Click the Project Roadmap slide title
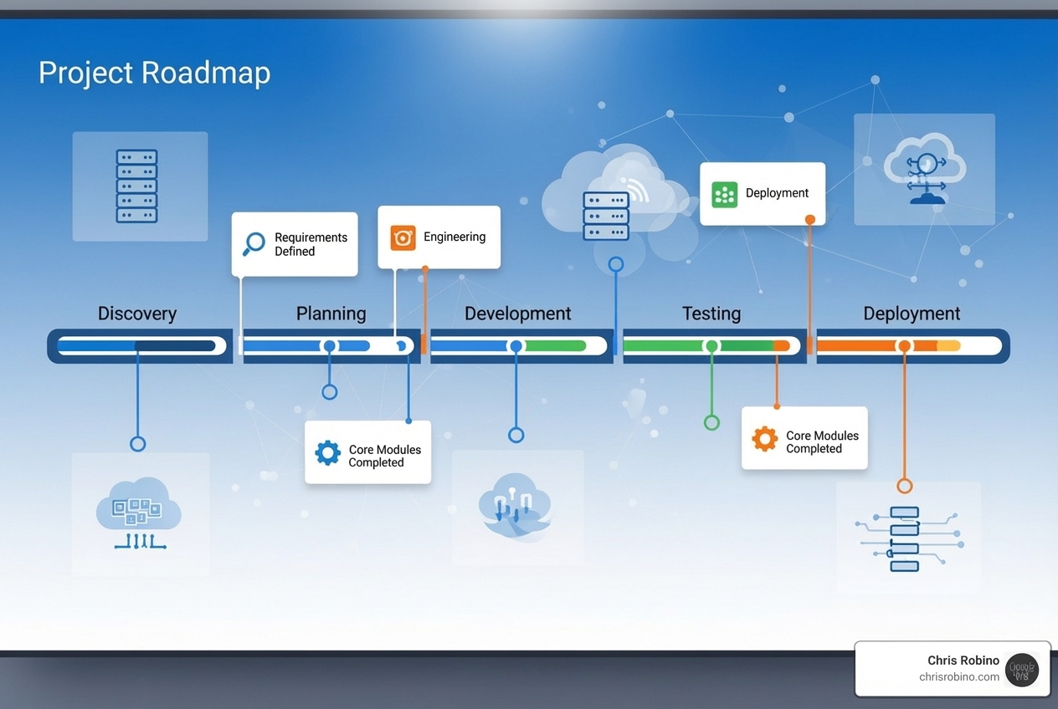click(x=154, y=74)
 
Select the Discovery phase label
click(x=137, y=314)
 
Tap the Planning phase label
click(x=331, y=314)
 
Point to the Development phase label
click(x=517, y=314)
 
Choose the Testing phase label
click(x=711, y=314)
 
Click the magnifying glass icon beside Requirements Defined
click(x=253, y=244)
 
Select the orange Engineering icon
click(x=403, y=237)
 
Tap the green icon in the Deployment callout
click(x=724, y=194)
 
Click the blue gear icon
click(x=327, y=453)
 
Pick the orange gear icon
click(x=764, y=439)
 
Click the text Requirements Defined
click(x=311, y=244)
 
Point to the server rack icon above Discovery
click(x=136, y=186)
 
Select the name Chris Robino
click(x=963, y=661)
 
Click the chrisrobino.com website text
click(x=959, y=677)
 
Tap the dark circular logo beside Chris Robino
click(x=1022, y=670)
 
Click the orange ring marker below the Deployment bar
click(x=904, y=486)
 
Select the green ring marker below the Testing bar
click(x=711, y=422)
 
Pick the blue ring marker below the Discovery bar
click(x=138, y=444)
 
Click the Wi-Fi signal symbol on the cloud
click(x=636, y=190)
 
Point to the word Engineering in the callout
click(x=455, y=237)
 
